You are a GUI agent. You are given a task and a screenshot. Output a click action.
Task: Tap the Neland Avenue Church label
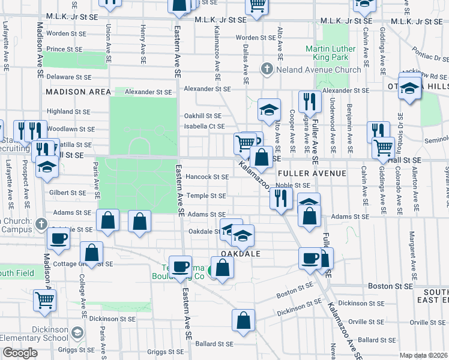318,70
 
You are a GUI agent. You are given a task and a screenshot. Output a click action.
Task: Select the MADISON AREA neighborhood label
78,92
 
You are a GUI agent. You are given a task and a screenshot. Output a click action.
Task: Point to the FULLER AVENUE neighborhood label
312,173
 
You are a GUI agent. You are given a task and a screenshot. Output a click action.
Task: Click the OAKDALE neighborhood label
241,254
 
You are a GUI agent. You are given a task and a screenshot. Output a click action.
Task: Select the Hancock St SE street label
207,177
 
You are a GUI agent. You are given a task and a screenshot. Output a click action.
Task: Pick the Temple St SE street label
205,196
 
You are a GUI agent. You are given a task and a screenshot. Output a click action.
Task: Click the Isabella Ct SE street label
205,127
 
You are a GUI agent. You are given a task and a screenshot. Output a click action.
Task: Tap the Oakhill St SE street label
202,116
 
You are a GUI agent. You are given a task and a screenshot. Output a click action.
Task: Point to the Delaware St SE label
68,77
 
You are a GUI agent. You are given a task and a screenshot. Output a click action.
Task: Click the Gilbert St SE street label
68,193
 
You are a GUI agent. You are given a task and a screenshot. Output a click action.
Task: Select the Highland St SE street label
68,112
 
